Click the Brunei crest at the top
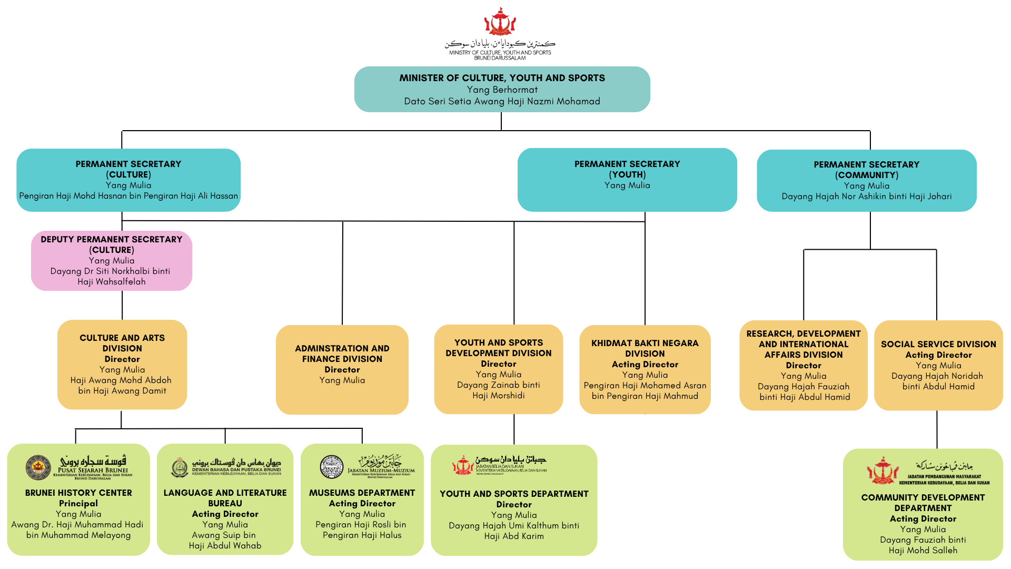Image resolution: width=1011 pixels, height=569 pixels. pos(500,22)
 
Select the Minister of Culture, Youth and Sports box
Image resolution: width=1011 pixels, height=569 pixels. pos(502,89)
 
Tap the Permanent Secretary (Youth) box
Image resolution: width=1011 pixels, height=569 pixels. pos(627,180)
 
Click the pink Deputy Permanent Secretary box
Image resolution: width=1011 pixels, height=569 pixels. pos(112,260)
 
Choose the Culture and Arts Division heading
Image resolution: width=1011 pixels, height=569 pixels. pos(122,343)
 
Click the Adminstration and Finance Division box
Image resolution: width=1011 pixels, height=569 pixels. pos(342,369)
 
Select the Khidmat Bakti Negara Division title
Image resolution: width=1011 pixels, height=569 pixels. pos(645,348)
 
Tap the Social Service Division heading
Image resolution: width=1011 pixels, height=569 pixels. pos(938,344)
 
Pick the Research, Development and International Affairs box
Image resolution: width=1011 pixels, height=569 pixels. pos(804,365)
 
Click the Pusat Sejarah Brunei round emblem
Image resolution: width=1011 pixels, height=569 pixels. pos(38,467)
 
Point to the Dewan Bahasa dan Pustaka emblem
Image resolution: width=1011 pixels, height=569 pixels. pos(180,467)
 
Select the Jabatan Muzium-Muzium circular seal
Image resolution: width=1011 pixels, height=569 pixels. pos(332,467)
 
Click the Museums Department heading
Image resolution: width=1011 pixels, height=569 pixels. pos(362,493)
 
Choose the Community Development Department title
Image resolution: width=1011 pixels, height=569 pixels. pos(923,503)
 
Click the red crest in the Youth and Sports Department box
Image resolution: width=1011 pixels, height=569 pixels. pos(463,465)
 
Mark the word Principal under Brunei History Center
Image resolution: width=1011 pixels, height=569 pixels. pos(78,503)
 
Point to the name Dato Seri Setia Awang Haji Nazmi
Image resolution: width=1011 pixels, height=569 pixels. pos(502,101)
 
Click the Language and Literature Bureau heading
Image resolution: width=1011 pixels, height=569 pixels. pos(225,498)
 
